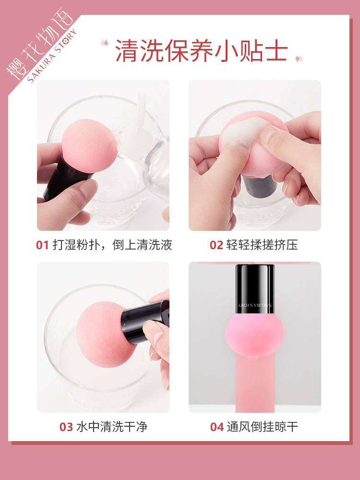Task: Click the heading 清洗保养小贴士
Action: (x=202, y=50)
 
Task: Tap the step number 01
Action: (x=43, y=245)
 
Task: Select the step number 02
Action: (x=216, y=245)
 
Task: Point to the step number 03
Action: (x=66, y=427)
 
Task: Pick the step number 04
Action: (x=217, y=427)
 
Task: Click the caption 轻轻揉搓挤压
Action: (x=262, y=245)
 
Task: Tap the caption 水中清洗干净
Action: (x=112, y=427)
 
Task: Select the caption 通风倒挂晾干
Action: (x=263, y=427)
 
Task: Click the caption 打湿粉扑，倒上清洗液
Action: (x=112, y=245)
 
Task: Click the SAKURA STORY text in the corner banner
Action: (x=52, y=56)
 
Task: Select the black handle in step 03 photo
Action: (x=145, y=322)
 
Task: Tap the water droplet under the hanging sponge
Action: (x=251, y=358)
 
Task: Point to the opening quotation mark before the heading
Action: (x=105, y=43)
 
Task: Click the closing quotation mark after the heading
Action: (x=299, y=59)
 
